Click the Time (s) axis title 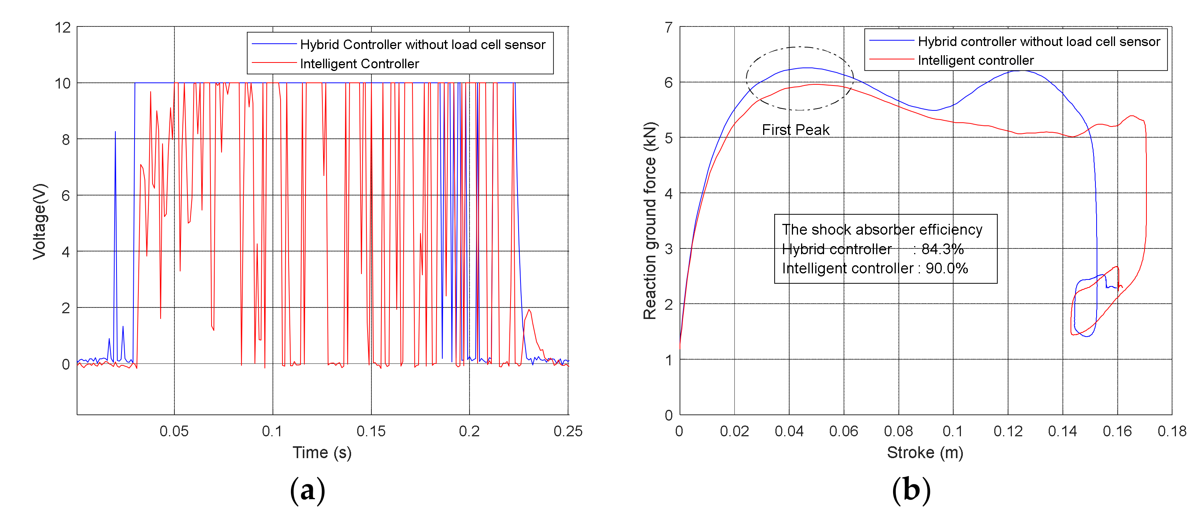tap(322, 452)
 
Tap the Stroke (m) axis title tap(925, 452)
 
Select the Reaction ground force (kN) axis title tap(650, 220)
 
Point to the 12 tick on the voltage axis tap(62, 28)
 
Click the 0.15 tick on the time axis tap(371, 431)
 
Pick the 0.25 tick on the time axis tap(567, 431)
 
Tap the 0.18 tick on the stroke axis tap(1171, 431)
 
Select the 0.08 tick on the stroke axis tap(898, 431)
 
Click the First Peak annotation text tap(796, 130)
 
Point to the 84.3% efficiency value tap(943, 249)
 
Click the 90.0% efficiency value tap(947, 268)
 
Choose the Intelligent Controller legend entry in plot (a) tap(359, 64)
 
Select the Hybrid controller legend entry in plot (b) tap(1039, 41)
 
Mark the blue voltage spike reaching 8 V tap(115, 133)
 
